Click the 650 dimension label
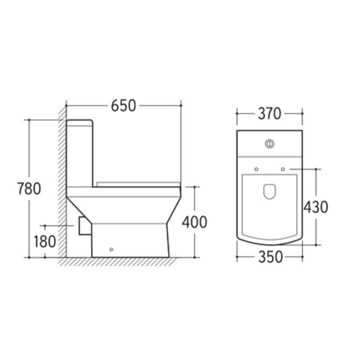123,106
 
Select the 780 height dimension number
29,189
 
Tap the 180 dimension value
45,241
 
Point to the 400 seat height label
194,222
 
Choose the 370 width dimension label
270,114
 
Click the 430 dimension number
316,207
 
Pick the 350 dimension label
270,257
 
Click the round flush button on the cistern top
270,144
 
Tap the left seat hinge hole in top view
256,169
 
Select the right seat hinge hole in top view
283,169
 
